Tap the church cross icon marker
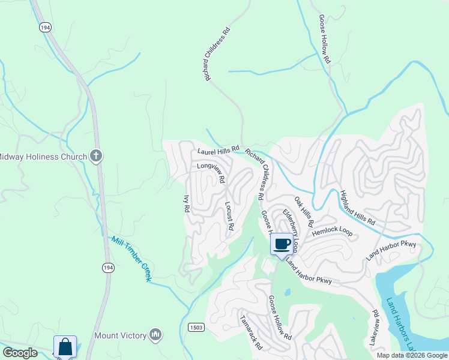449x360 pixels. coord(95,157)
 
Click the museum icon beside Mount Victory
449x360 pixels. coord(155,335)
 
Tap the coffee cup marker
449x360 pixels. coord(282,244)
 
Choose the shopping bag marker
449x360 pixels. coord(65,347)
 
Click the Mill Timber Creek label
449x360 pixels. coord(131,259)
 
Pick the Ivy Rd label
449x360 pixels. coord(186,203)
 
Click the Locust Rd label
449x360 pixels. coord(229,217)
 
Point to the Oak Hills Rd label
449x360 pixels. coord(303,211)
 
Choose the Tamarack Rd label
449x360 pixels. coord(251,333)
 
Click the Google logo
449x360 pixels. coord(20,353)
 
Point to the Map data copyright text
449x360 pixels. coord(411,355)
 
